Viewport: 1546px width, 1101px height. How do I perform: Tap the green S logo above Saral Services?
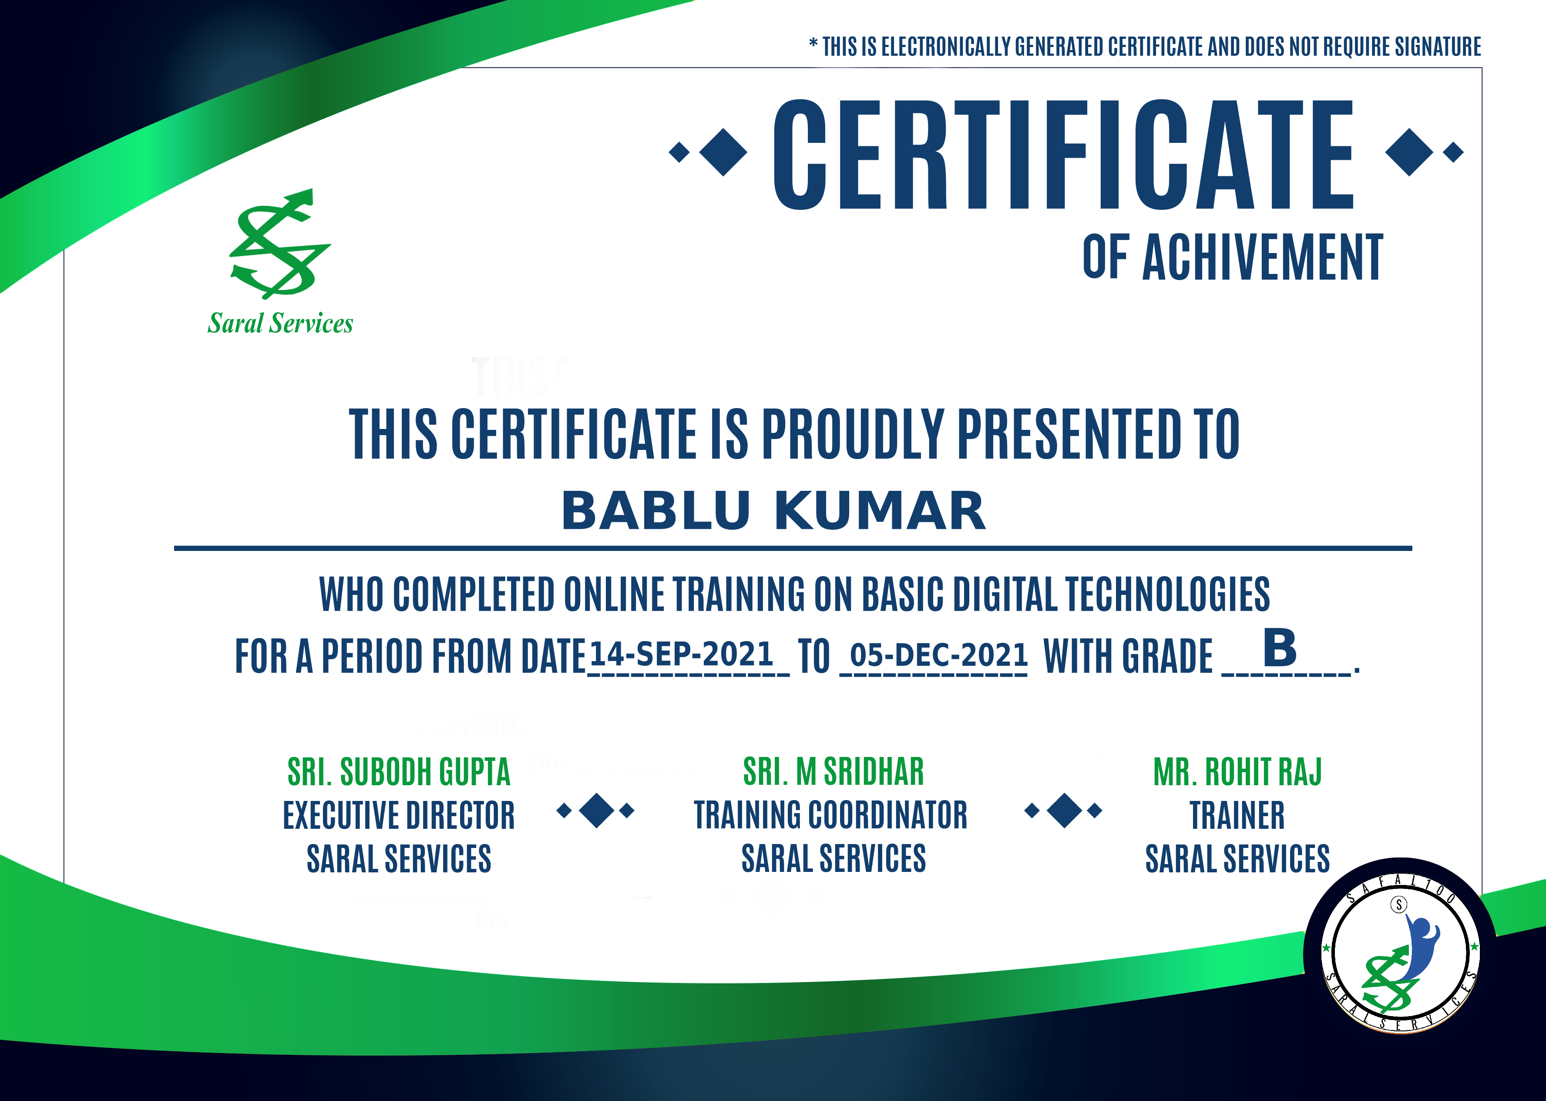point(280,243)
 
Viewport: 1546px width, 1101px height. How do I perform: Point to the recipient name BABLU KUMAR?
point(773,510)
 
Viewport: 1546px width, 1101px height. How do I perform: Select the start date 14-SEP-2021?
point(682,654)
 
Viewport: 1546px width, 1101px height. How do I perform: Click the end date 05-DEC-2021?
point(939,655)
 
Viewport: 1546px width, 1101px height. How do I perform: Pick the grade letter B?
point(1280,648)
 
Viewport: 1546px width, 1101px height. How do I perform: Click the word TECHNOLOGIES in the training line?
point(1168,594)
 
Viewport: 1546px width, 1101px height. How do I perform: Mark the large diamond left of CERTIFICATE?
point(723,152)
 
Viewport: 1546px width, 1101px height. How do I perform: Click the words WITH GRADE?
point(1127,656)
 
